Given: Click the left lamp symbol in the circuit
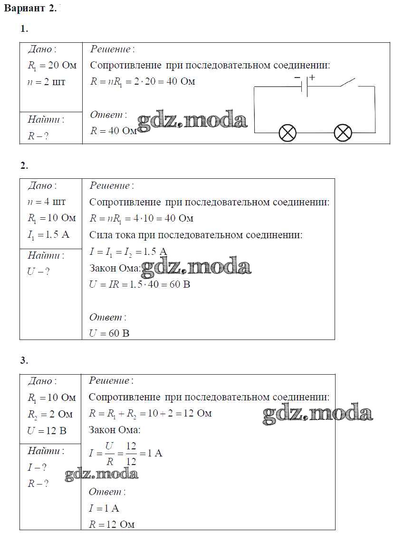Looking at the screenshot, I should [x=287, y=132].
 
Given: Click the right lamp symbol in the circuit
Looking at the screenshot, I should [x=343, y=132].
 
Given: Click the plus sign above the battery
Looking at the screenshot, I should [x=312, y=77].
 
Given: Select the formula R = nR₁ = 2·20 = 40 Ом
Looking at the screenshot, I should [x=143, y=81].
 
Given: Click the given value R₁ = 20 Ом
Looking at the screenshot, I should [x=52, y=66].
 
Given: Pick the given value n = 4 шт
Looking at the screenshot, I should [x=47, y=202].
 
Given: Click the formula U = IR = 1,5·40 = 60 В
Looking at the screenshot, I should [x=140, y=284].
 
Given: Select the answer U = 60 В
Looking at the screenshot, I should [x=109, y=333].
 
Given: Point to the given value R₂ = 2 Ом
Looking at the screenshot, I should [x=50, y=414].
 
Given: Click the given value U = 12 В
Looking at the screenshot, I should [x=47, y=431].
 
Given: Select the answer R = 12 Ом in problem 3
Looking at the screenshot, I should [x=112, y=524].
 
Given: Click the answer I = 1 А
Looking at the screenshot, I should [x=104, y=508].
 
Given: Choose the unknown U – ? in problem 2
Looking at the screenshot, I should [x=38, y=272].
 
